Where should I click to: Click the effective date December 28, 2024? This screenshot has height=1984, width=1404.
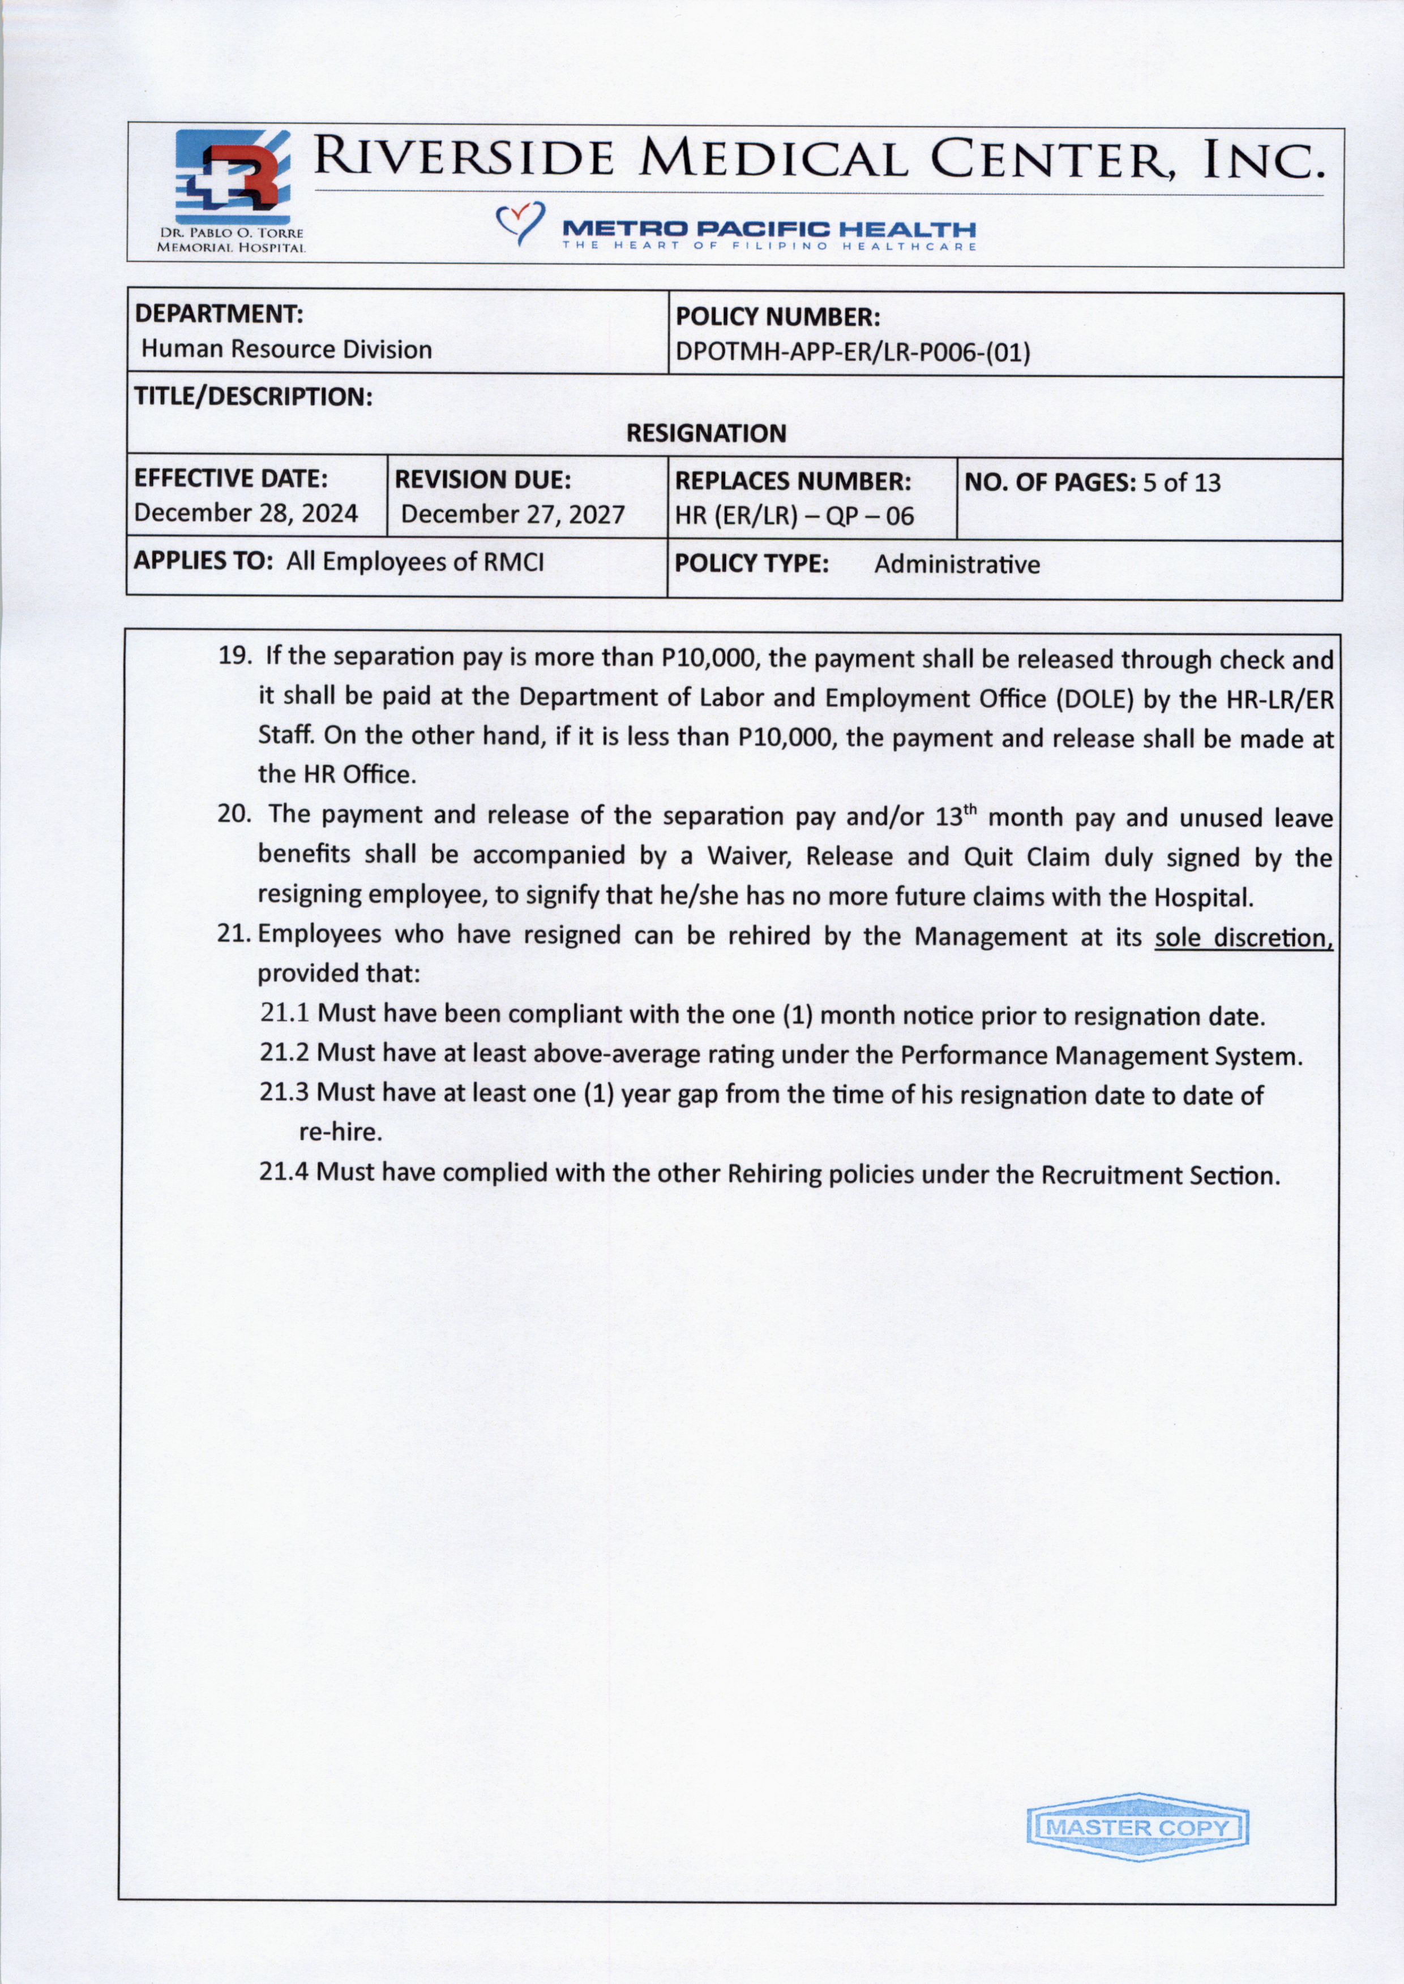(x=246, y=513)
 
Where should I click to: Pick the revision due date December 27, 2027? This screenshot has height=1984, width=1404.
(x=512, y=514)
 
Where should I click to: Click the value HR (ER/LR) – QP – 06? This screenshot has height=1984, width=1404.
(x=794, y=516)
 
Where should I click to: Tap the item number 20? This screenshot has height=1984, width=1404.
(x=233, y=814)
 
